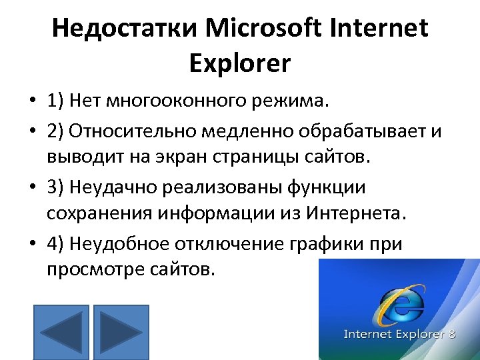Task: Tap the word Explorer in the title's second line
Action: click(240, 63)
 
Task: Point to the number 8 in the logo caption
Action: click(451, 333)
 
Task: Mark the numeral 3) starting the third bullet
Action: click(56, 187)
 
